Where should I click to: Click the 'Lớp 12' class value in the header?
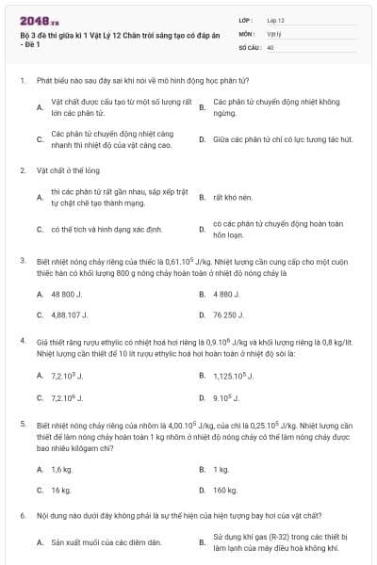(x=275, y=19)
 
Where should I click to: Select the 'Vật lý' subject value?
(x=274, y=32)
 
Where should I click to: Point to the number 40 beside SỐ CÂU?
(x=271, y=45)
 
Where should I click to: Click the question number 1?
(x=23, y=82)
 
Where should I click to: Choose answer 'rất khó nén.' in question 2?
(x=229, y=199)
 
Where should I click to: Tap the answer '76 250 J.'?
(x=230, y=315)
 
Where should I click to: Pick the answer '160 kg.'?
(x=225, y=490)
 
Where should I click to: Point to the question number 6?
(x=23, y=516)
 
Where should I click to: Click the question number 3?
(x=23, y=259)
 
